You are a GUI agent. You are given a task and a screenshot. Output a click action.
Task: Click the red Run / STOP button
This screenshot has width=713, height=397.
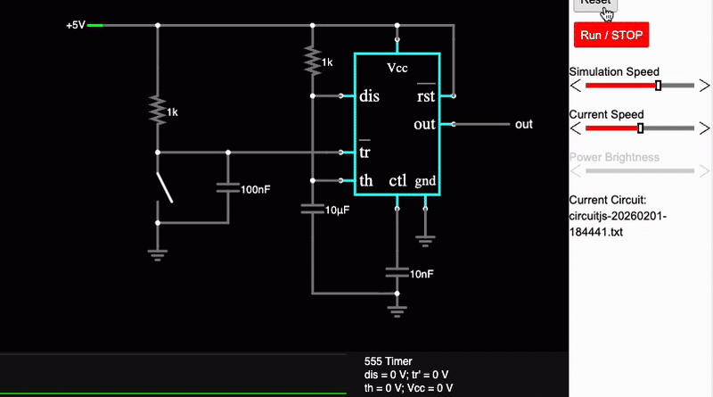[611, 35]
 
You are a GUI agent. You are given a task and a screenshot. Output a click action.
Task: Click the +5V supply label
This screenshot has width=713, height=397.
[75, 25]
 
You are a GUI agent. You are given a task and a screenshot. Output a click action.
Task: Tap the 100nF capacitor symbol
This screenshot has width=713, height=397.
[227, 188]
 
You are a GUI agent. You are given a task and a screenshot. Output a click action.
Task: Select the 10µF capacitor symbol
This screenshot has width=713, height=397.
[312, 209]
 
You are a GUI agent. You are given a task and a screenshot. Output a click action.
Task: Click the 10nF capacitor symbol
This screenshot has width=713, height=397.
[397, 271]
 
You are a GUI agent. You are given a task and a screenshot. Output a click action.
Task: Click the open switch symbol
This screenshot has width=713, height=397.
[164, 187]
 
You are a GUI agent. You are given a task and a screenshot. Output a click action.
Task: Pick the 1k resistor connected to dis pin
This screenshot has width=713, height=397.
[312, 61]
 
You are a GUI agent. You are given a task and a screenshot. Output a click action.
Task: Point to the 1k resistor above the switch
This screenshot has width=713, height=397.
[158, 111]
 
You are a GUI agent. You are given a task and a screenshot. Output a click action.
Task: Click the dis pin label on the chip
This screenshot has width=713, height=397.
[369, 96]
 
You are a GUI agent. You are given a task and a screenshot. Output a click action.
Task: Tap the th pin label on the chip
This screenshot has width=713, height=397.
[365, 181]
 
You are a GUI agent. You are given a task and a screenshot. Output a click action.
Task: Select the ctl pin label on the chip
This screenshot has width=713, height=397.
[397, 181]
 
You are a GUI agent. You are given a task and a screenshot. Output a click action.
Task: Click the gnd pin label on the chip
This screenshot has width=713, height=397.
[425, 182]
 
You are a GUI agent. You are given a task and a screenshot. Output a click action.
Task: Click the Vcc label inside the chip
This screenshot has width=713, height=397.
[397, 68]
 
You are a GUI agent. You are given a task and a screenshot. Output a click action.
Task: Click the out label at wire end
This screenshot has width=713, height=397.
[524, 124]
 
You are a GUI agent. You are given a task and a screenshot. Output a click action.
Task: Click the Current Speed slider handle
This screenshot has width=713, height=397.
[640, 128]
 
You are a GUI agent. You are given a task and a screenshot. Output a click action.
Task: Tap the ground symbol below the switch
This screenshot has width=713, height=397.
[158, 252]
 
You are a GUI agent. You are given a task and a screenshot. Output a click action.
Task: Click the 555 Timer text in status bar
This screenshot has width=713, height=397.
[389, 361]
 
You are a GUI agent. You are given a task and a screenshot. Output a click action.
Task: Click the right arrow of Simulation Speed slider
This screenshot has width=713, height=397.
[704, 86]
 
